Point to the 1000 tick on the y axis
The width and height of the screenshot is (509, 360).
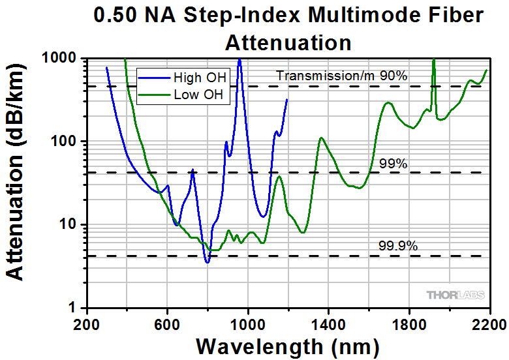coord(59,58)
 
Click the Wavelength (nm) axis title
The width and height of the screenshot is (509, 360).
coord(287,346)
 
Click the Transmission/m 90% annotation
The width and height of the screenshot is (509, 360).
coord(341,76)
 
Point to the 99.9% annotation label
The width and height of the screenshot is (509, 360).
coord(397,246)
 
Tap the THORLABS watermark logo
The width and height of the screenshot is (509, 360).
coord(456,295)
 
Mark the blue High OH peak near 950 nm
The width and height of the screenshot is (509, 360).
coord(239,59)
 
